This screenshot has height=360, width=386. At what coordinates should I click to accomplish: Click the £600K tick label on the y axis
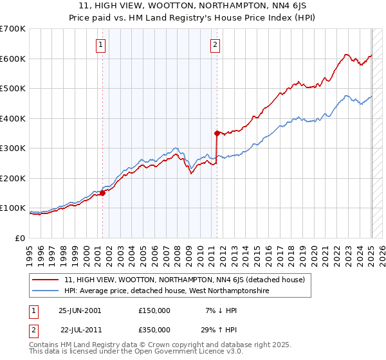click(x=12, y=59)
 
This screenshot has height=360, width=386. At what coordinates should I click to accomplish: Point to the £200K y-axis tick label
click(x=12, y=178)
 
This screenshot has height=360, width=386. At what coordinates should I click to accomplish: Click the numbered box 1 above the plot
click(x=102, y=45)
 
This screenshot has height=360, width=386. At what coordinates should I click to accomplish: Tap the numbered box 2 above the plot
click(x=215, y=45)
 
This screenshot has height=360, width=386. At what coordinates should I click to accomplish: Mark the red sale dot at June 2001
click(x=102, y=193)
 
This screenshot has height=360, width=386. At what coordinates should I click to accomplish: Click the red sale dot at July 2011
click(x=217, y=133)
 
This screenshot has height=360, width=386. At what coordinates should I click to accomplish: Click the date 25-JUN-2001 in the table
click(x=80, y=310)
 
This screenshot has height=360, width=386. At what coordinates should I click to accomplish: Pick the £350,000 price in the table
click(x=154, y=330)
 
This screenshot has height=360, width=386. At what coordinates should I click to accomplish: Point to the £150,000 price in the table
click(x=154, y=310)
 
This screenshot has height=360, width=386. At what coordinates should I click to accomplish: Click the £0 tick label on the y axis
click(x=21, y=238)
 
